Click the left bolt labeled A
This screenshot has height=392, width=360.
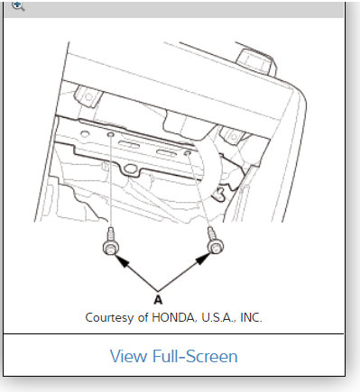click(x=110, y=246)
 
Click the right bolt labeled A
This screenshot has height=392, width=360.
click(x=214, y=243)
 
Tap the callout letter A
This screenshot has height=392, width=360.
click(x=159, y=298)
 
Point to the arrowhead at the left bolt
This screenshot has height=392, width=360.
click(x=118, y=261)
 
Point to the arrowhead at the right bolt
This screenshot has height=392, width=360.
click(x=206, y=260)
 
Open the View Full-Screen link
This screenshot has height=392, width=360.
click(x=173, y=356)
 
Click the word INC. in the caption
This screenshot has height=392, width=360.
click(x=247, y=317)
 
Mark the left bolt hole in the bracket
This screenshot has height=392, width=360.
click(x=110, y=134)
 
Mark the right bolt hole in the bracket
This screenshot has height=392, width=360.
click(x=187, y=153)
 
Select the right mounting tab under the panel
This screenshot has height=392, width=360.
click(x=232, y=135)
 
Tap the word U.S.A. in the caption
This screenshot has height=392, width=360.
click(x=213, y=317)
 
